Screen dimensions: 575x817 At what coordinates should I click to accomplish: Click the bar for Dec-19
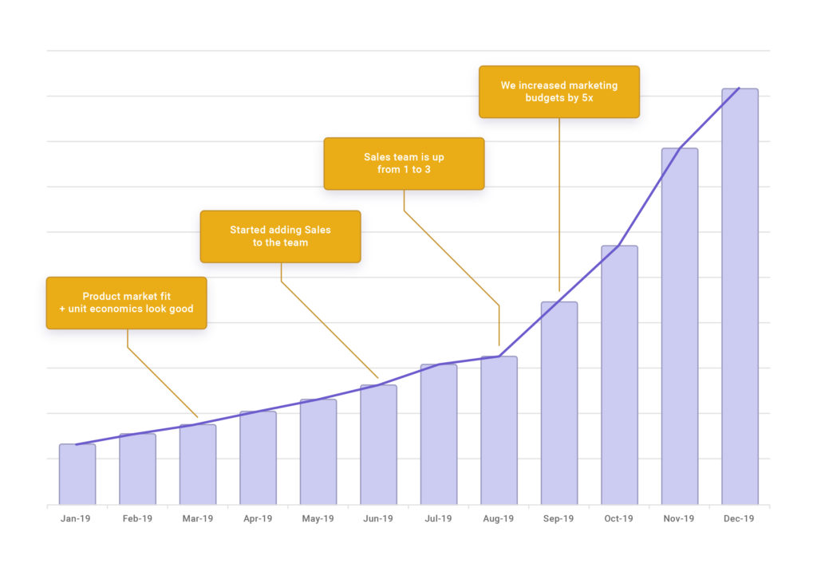[x=740, y=297]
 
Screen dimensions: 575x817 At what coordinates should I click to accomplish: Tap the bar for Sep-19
[x=558, y=403]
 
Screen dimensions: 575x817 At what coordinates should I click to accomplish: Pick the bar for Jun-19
[x=378, y=444]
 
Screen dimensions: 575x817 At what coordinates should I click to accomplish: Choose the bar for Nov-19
[x=680, y=326]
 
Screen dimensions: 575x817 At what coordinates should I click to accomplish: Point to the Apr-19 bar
[x=258, y=458]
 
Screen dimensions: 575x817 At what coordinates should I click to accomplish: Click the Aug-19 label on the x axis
[x=499, y=518]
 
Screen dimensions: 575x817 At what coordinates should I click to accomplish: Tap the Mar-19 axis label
[x=197, y=518]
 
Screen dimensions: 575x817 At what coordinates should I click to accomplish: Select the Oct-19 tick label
[x=618, y=518]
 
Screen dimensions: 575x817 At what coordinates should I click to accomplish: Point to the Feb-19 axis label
[x=137, y=518]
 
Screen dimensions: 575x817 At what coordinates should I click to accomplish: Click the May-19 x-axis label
[x=318, y=518]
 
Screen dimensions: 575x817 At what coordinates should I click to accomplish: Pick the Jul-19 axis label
[x=438, y=518]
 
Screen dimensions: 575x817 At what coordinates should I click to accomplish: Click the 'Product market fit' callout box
[x=126, y=302]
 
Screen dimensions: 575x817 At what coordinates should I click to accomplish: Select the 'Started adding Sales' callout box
[x=280, y=236]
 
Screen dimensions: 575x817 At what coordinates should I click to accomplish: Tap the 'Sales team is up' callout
[x=404, y=163]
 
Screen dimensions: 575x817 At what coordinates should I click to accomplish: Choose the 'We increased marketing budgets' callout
[x=558, y=92]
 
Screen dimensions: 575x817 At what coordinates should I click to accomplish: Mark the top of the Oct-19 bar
[x=619, y=246]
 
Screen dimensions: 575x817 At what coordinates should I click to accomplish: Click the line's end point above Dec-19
[x=739, y=89]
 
